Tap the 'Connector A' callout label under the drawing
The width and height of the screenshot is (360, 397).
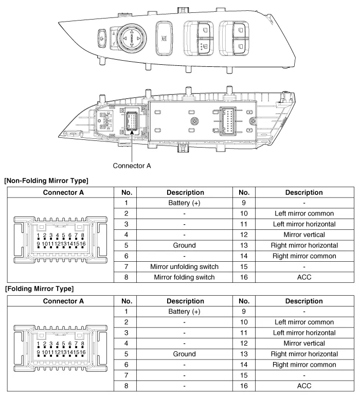pyautogui.click(x=132, y=166)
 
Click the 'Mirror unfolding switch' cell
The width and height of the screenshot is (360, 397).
pyautogui.click(x=184, y=267)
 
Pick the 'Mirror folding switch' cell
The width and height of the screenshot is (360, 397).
pyautogui.click(x=184, y=277)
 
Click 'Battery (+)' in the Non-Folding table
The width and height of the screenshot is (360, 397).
pyautogui.click(x=184, y=203)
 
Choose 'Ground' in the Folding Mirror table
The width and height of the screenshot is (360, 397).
pyautogui.click(x=184, y=354)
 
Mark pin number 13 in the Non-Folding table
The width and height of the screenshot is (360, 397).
pyautogui.click(x=244, y=245)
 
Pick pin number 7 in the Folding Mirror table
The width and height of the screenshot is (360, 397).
pyautogui.click(x=126, y=375)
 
